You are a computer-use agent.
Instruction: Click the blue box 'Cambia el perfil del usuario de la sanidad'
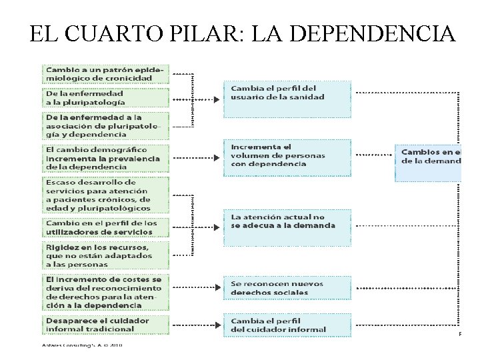coord(287,98)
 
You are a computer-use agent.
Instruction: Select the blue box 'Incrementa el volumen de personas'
coord(287,159)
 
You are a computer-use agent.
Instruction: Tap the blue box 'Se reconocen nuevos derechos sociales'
coord(287,288)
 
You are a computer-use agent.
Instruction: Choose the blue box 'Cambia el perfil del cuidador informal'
coord(287,325)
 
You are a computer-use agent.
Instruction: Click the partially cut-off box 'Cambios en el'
coord(429,162)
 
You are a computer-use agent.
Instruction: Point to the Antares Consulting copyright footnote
coord(79,345)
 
